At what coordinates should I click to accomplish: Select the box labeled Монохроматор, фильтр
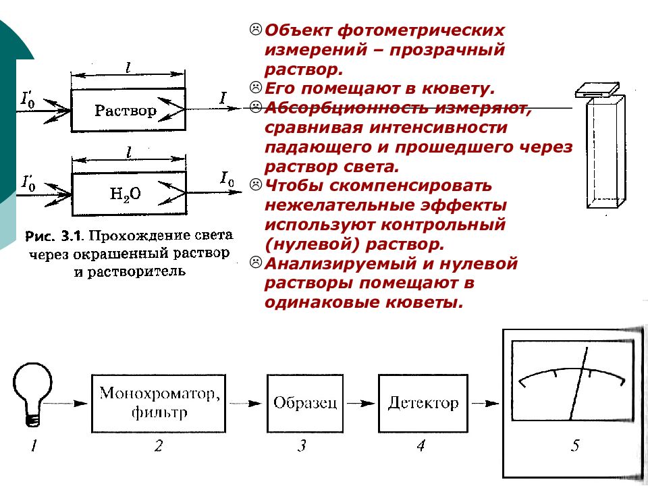click(x=158, y=404)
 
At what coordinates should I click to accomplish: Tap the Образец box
click(x=305, y=404)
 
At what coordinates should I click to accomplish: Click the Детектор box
click(x=423, y=404)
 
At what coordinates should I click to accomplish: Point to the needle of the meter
click(x=578, y=383)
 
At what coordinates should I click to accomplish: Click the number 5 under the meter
click(x=575, y=446)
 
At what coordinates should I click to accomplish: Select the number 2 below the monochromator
click(x=158, y=446)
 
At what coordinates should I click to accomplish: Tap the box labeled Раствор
click(x=128, y=110)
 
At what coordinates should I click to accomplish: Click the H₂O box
click(x=129, y=194)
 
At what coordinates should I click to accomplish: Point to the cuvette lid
click(x=597, y=90)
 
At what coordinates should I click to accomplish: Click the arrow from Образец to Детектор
click(x=360, y=404)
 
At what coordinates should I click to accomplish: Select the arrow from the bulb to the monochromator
click(x=65, y=404)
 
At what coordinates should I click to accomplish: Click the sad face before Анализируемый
click(x=256, y=262)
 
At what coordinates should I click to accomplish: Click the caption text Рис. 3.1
click(x=55, y=236)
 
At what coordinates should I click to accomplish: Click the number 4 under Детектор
click(x=421, y=446)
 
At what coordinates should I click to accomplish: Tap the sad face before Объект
click(x=256, y=29)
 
